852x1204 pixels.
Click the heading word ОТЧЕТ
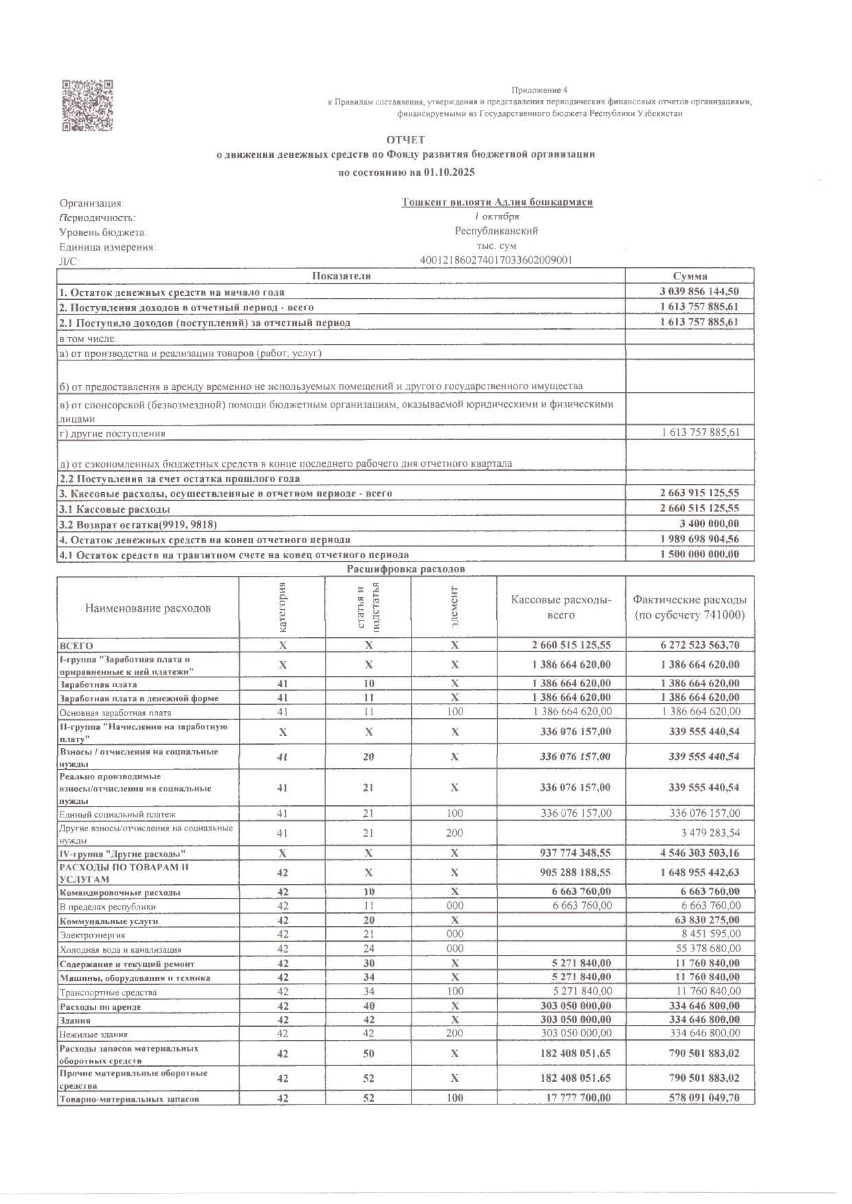click(405, 140)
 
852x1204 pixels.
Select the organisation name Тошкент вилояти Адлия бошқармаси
click(497, 202)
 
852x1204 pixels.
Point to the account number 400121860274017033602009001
click(496, 260)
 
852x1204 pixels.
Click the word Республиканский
click(496, 231)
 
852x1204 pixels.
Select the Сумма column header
click(690, 275)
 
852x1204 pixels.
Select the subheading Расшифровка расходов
click(405, 569)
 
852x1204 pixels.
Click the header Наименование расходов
click(148, 608)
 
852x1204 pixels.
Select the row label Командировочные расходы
click(120, 892)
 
